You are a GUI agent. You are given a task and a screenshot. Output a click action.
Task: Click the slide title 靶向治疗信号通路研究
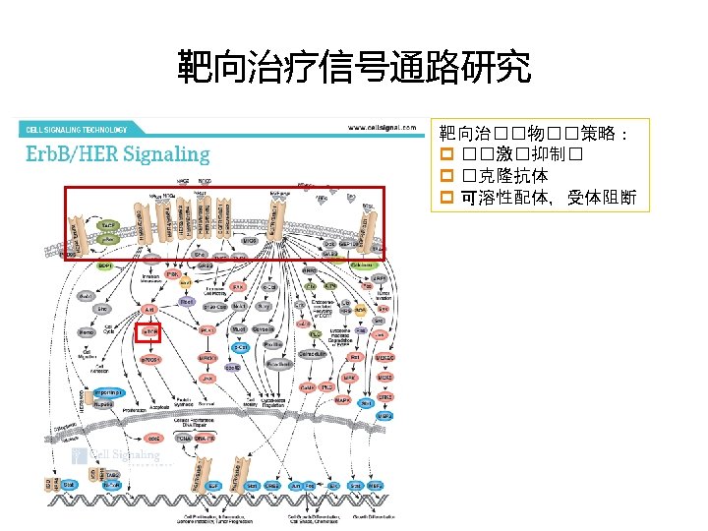[x=354, y=68]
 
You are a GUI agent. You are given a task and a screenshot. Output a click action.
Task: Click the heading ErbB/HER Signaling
[x=118, y=154]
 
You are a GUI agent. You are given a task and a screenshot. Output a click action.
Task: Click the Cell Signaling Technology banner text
[x=77, y=129]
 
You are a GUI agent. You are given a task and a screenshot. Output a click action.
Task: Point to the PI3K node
[x=172, y=275]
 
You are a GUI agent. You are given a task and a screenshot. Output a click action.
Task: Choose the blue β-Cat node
[x=240, y=346]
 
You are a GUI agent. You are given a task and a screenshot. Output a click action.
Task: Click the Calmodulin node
[x=321, y=355]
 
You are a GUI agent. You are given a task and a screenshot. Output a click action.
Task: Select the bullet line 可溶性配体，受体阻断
[x=550, y=198]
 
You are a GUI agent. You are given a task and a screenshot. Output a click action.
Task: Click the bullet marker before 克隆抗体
[x=445, y=176]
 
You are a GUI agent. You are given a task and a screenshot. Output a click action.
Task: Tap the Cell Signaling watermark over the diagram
[x=118, y=455]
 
